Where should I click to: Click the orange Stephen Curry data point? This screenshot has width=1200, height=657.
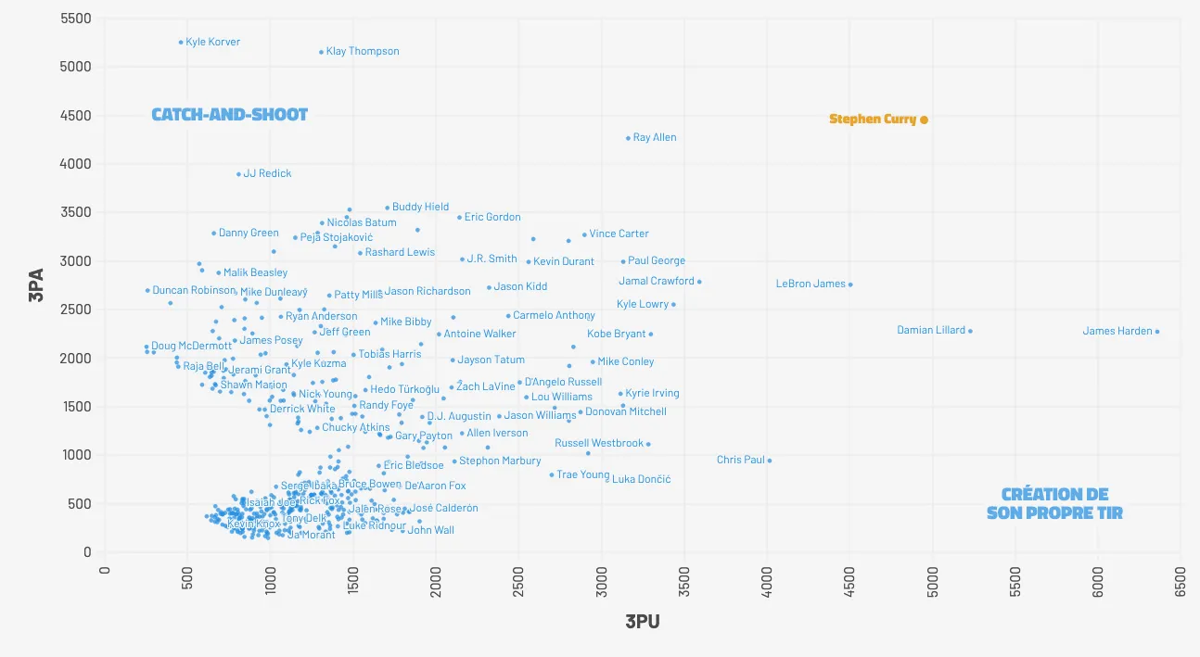(x=924, y=120)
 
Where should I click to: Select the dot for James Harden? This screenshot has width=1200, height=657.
(x=1157, y=332)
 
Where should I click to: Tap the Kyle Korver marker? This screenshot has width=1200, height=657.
(x=181, y=42)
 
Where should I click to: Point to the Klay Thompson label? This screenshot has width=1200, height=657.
(x=363, y=52)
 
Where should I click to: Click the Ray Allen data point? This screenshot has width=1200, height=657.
(x=628, y=138)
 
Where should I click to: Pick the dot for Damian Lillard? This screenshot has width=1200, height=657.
(x=970, y=331)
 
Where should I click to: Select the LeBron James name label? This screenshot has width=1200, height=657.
(x=811, y=284)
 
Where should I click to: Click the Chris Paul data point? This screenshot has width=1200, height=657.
(x=769, y=461)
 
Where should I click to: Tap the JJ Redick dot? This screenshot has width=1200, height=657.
(x=238, y=174)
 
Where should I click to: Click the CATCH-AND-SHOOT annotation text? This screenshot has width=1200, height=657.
(x=229, y=115)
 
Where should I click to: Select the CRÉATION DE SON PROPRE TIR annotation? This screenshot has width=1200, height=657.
(x=1054, y=503)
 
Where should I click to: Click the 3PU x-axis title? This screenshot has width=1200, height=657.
(x=643, y=622)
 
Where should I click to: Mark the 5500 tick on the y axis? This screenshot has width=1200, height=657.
(x=74, y=19)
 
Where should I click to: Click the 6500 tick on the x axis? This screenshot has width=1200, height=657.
(x=1181, y=578)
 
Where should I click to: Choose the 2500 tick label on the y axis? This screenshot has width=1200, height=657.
(x=74, y=310)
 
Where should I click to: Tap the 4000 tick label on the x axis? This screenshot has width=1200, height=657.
(x=767, y=578)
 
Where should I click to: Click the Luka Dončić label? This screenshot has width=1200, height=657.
(x=641, y=480)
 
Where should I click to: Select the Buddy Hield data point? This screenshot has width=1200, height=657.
(x=388, y=208)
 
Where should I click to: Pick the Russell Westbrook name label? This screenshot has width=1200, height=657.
(x=598, y=444)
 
